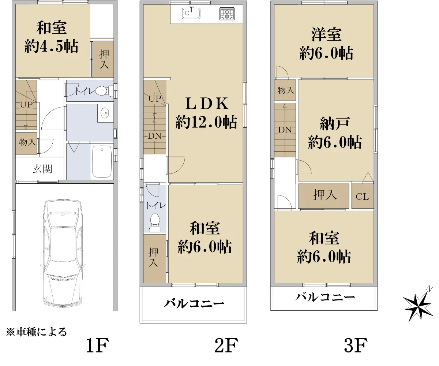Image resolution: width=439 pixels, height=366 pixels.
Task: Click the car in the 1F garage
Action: click(x=63, y=254)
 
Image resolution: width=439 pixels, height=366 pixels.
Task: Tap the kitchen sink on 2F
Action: click(x=191, y=13)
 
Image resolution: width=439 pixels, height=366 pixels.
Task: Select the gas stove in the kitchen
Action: click(x=227, y=14)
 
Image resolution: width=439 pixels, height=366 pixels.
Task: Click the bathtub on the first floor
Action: click(x=102, y=161)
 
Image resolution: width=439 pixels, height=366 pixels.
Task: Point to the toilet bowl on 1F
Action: click(x=102, y=91)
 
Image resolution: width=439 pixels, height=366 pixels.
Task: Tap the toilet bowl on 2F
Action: click(x=155, y=223)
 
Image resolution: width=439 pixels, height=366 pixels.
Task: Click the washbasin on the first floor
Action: click(x=105, y=113)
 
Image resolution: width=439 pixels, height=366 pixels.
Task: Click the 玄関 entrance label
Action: click(x=42, y=169)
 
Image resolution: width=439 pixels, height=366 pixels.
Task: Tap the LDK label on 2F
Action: click(x=207, y=104)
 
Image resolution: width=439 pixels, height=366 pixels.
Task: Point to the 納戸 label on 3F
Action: click(x=335, y=124)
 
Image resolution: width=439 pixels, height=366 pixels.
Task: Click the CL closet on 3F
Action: click(x=362, y=196)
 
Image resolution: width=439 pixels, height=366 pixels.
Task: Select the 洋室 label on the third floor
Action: click(x=326, y=35)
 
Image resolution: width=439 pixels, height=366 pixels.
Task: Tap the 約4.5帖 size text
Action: click(x=52, y=46)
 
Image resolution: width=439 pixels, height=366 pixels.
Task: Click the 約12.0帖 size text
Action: click(x=206, y=122)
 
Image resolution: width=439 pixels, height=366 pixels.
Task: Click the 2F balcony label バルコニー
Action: click(x=194, y=303)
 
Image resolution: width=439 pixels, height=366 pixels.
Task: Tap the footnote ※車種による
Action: click(x=36, y=332)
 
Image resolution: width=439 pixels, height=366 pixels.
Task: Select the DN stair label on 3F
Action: click(x=285, y=130)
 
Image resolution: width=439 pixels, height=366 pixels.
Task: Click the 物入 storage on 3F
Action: click(x=285, y=90)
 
